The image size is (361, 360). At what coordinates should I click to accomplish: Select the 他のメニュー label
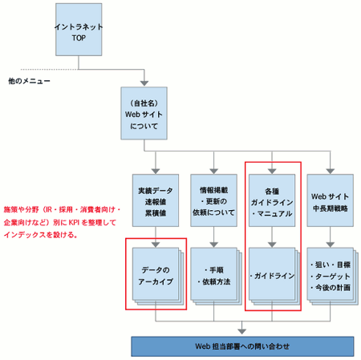pyautogui.click(x=30, y=81)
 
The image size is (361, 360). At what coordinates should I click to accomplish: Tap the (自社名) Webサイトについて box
pyautogui.click(x=144, y=115)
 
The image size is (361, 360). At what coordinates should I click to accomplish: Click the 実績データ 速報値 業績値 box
pyautogui.click(x=156, y=204)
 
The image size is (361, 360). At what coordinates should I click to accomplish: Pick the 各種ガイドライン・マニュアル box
pyautogui.click(x=272, y=204)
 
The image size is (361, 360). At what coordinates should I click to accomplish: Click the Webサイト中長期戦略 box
pyautogui.click(x=330, y=204)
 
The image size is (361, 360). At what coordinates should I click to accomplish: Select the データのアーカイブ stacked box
pyautogui.click(x=156, y=275)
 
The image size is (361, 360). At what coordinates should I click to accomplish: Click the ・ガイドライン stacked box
pyautogui.click(x=272, y=276)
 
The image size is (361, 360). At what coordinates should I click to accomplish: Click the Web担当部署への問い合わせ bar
pyautogui.click(x=241, y=346)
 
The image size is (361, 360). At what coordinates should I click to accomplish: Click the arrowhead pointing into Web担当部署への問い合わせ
pyautogui.click(x=243, y=330)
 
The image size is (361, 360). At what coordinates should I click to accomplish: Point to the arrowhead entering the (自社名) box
pyautogui.click(x=144, y=83)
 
